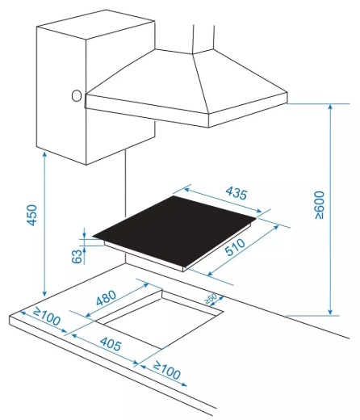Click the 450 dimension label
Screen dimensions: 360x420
coord(31,215)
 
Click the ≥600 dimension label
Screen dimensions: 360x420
coord(320,205)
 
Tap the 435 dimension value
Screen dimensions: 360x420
coord(236,193)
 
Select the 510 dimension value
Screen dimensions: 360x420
coord(235,247)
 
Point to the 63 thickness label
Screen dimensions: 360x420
coord(77,256)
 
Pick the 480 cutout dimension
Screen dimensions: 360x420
coord(107,298)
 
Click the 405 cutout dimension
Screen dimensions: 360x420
coord(111,344)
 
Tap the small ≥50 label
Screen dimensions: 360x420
coord(211,299)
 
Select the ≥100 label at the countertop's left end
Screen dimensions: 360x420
coord(47,317)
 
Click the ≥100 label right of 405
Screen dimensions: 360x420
coord(166,371)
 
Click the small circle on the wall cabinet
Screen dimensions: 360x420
coord(77,96)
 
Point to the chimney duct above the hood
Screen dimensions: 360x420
coord(203,38)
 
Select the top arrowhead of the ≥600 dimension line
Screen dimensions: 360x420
coord(331,107)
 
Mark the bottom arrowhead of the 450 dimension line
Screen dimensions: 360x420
coord(44,293)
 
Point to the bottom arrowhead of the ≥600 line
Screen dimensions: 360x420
coord(331,312)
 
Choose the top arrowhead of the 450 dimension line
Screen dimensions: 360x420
coord(44,154)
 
